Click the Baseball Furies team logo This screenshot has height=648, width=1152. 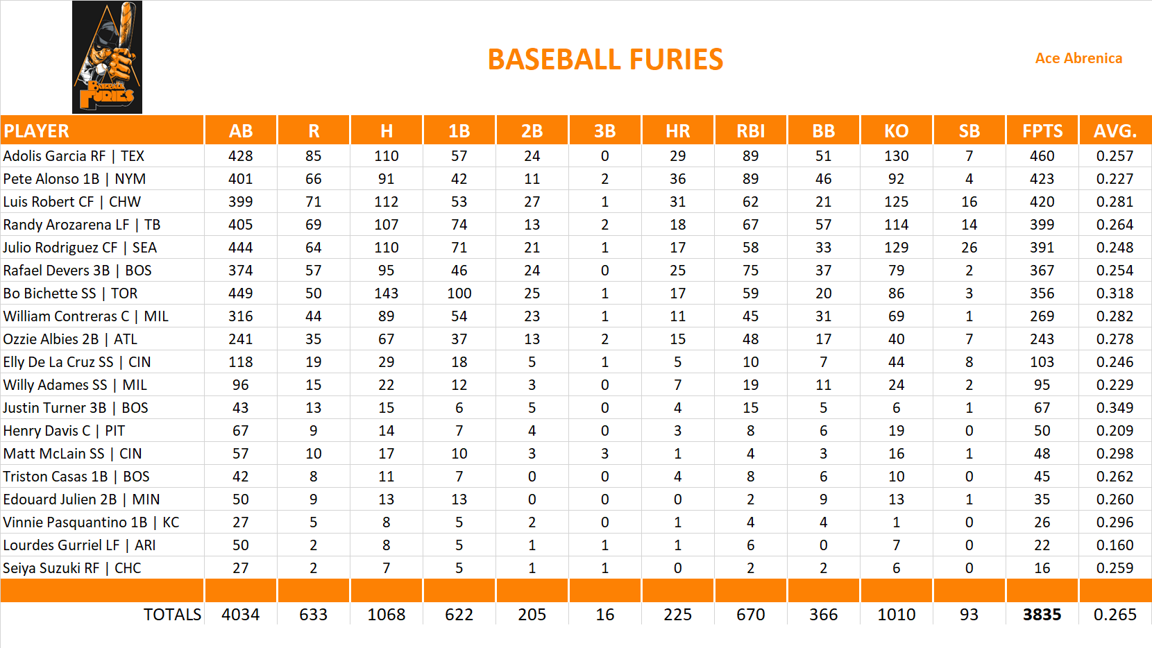tap(107, 57)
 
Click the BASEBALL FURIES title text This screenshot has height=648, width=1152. tap(605, 60)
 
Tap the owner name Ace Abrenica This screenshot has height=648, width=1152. tap(1078, 58)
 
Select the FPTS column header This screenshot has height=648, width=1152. tap(1042, 130)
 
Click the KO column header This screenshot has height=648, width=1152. tap(896, 130)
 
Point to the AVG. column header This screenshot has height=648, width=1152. tap(1115, 130)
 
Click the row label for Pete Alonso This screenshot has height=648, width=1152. tap(74, 179)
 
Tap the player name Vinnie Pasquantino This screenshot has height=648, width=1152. tap(91, 522)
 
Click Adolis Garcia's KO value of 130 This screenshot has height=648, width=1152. tap(896, 156)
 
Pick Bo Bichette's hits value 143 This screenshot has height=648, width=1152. tap(386, 293)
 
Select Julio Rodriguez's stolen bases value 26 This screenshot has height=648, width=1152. tap(969, 248)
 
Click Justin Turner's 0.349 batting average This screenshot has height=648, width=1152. tap(1115, 408)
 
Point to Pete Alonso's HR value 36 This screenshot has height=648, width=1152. tap(677, 179)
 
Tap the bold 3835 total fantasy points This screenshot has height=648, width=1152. tap(1042, 615)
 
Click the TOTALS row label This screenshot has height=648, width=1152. tap(172, 615)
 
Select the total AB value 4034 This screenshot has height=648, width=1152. tap(240, 615)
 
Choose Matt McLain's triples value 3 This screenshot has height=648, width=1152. tap(604, 454)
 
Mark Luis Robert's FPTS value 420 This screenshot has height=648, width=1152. tap(1042, 202)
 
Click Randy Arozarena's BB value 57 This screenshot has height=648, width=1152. tap(823, 225)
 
